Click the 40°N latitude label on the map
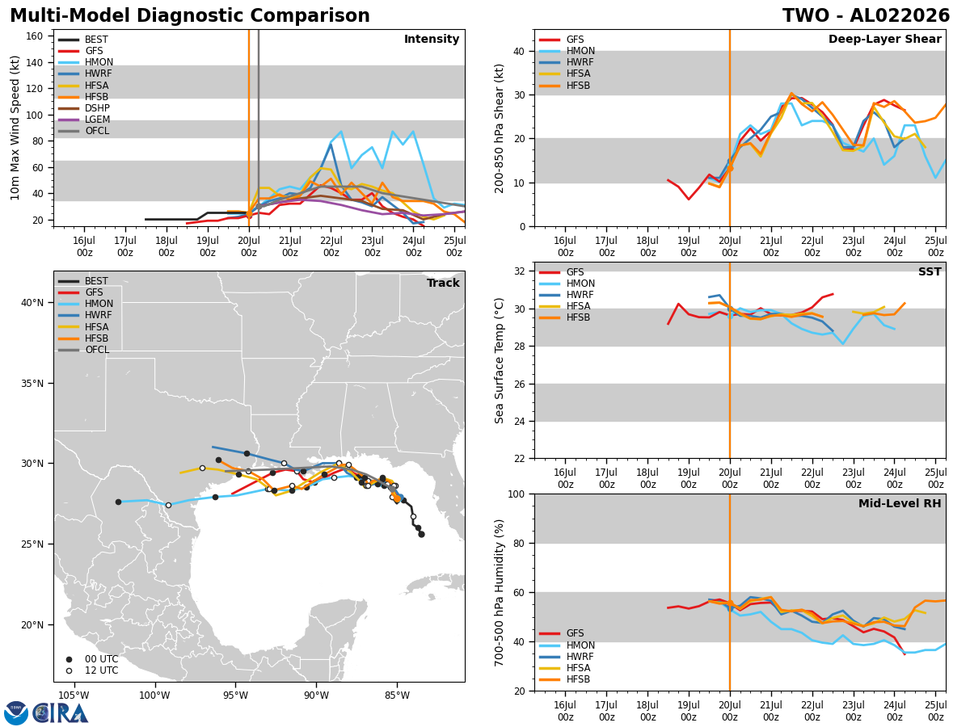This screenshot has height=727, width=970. tap(32, 303)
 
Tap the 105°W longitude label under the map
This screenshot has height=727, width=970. tap(74, 695)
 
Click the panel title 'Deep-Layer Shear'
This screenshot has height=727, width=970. tap(884, 40)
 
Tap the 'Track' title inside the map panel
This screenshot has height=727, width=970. tap(443, 283)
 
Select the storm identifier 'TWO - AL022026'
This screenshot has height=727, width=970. tap(866, 15)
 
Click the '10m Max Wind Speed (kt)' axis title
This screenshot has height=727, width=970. tap(15, 128)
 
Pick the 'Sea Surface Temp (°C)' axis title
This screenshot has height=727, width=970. tap(499, 361)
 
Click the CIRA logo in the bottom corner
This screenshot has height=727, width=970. tap(46, 712)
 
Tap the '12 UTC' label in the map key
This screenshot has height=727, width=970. tap(102, 670)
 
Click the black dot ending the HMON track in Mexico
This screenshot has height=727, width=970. tap(119, 502)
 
